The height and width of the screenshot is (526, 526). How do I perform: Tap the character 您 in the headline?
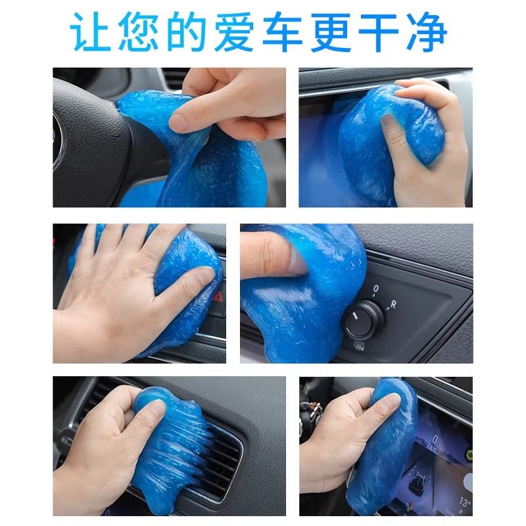pos(140,31)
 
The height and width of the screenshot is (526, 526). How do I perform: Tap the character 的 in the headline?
pos(187,31)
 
